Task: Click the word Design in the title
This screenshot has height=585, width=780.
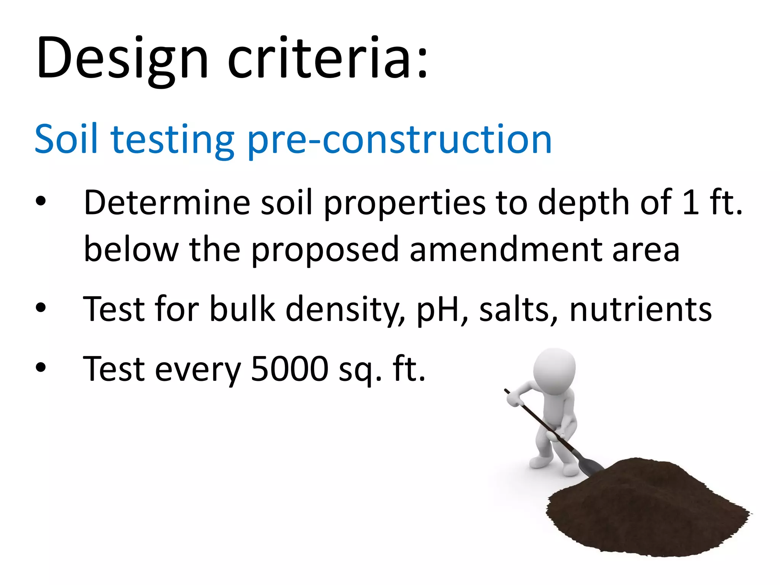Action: (x=122, y=59)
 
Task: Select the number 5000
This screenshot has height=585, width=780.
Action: (x=289, y=369)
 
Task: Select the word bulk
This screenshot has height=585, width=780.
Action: (x=242, y=309)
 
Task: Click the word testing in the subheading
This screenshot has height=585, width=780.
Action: (x=172, y=140)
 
